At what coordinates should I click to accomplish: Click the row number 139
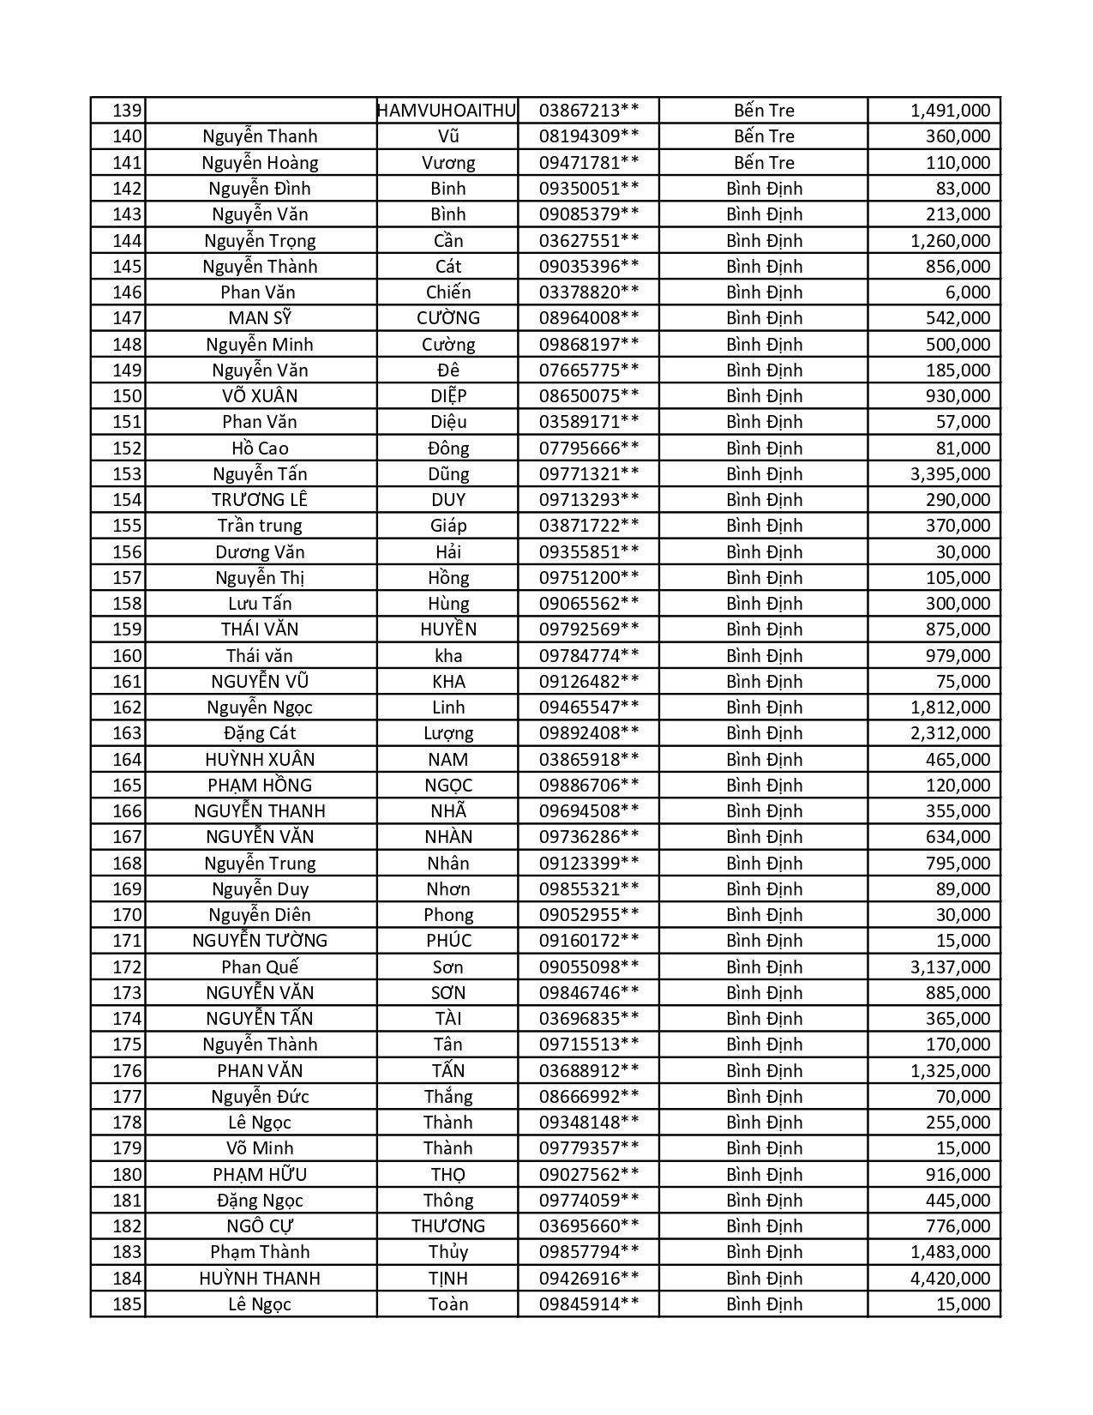click(x=127, y=111)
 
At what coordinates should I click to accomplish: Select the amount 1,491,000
click(x=950, y=111)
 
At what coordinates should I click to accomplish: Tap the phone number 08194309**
click(x=588, y=136)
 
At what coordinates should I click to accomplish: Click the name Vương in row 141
click(x=447, y=163)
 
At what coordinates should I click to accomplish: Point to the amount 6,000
click(x=968, y=292)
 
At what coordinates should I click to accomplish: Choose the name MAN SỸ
click(x=260, y=318)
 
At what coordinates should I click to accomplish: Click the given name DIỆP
click(x=447, y=396)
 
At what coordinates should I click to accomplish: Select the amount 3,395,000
click(x=950, y=474)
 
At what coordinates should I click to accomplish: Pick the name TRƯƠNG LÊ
click(x=260, y=500)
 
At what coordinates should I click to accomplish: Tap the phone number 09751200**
click(x=588, y=578)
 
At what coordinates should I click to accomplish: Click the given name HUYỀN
click(x=447, y=629)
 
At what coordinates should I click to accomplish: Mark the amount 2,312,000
click(x=950, y=733)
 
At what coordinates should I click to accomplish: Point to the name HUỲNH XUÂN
click(x=260, y=760)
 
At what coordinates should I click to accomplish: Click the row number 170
click(x=127, y=915)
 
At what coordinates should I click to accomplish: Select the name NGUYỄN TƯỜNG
click(x=260, y=941)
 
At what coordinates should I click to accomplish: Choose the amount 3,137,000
click(x=950, y=967)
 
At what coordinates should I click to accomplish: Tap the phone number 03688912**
click(x=588, y=1071)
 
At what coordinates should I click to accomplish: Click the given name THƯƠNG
click(x=447, y=1226)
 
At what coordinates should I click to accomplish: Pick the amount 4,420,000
click(x=950, y=1279)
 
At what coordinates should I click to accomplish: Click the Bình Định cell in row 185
click(x=764, y=1304)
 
